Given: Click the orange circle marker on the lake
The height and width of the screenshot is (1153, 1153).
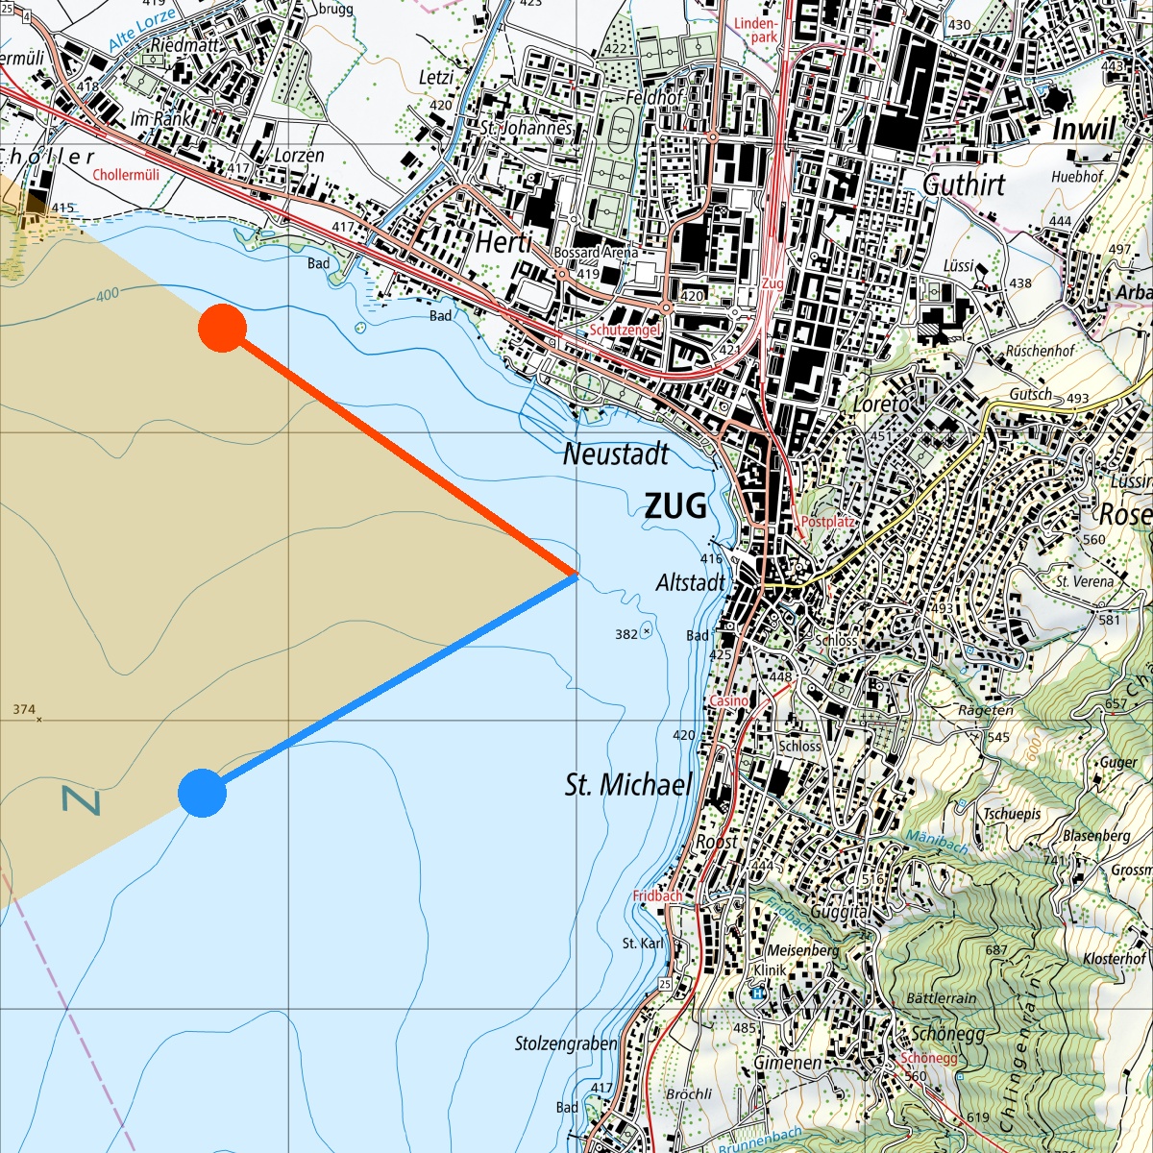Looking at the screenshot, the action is (222, 328).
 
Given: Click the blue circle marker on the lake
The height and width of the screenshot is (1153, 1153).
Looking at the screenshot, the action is (202, 794).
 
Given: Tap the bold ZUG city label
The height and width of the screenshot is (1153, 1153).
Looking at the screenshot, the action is (675, 505).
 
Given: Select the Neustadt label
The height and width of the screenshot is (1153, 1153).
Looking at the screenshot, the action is (616, 454).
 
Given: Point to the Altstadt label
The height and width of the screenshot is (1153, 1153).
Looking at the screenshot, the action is (690, 582).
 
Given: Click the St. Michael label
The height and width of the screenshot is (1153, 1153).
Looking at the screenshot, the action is (628, 785).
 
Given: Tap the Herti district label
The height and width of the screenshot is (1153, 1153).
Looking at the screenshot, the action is (503, 243).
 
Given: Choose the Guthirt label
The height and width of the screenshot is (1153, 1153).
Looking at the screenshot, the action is (964, 184).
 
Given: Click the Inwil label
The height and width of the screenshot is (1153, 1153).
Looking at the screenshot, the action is (1085, 130).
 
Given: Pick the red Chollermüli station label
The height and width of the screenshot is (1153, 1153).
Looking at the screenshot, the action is (126, 175).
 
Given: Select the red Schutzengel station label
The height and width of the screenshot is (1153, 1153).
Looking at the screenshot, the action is (625, 330).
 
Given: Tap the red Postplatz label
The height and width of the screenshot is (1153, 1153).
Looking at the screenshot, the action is (827, 522).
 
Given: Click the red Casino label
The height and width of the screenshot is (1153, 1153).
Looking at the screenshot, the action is (728, 701).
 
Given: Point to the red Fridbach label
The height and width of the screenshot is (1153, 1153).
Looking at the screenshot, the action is (657, 895).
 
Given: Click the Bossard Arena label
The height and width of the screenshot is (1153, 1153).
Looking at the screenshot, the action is (596, 253).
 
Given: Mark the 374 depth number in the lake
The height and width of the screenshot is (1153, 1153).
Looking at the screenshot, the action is (24, 710).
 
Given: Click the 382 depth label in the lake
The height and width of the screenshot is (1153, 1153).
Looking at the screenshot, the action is (626, 634).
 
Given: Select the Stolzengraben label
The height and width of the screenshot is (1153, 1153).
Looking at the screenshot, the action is (566, 1043).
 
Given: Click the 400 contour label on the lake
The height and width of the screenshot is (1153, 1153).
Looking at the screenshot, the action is (108, 294).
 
